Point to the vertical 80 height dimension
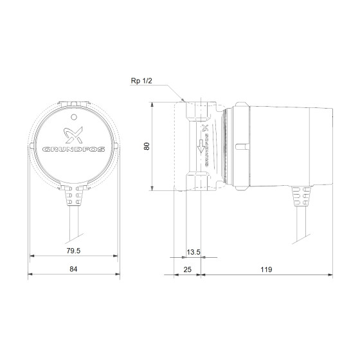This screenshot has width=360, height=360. click(146, 146)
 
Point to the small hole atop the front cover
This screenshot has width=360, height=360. click(74, 118)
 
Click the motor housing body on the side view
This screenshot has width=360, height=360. click(283, 145)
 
